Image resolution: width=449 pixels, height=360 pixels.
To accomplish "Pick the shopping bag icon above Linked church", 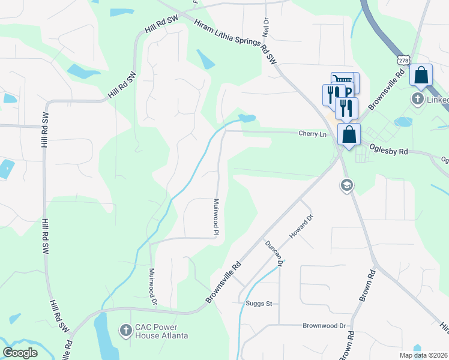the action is click(421, 75).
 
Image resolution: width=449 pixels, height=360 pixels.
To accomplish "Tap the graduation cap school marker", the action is click(346, 185).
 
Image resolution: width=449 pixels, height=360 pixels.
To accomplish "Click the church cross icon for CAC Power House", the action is click(125, 329).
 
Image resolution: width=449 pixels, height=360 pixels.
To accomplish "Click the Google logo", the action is click(20, 353).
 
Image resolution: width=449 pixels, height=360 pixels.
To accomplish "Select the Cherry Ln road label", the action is click(313, 134).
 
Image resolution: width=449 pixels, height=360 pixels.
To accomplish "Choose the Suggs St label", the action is click(259, 304).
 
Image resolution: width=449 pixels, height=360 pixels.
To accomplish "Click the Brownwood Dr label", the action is click(325, 326).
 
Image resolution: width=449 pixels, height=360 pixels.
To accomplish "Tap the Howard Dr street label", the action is click(301, 226).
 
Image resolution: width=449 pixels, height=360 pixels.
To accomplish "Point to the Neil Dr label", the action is click(264, 27).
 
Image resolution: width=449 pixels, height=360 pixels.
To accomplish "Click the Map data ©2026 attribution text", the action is click(423, 355).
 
